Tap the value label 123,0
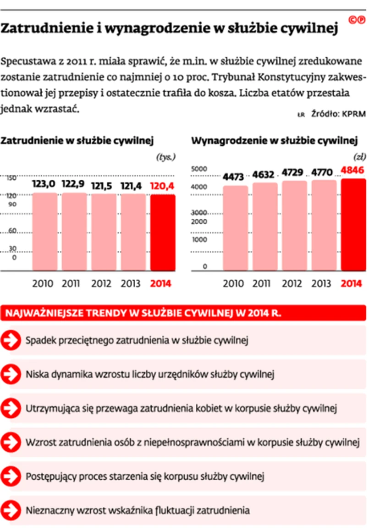44,184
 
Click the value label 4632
265,174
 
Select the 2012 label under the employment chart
101,283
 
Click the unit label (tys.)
166,157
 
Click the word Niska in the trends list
37,374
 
